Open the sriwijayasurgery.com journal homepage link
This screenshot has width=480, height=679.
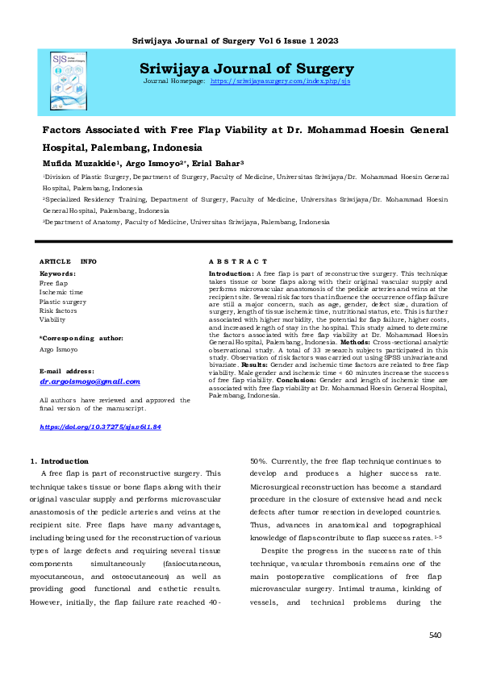(280, 82)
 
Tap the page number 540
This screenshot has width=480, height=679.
(436, 635)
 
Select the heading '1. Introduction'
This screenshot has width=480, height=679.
(54, 460)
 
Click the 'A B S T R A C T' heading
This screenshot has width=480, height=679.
(238, 262)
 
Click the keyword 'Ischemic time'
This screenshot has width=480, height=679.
(61, 292)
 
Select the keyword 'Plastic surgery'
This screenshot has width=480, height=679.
(63, 301)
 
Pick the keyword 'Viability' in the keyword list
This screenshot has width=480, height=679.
(53, 319)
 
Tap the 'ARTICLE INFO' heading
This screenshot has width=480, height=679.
(69, 262)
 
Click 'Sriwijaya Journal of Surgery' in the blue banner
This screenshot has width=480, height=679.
(246, 69)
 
